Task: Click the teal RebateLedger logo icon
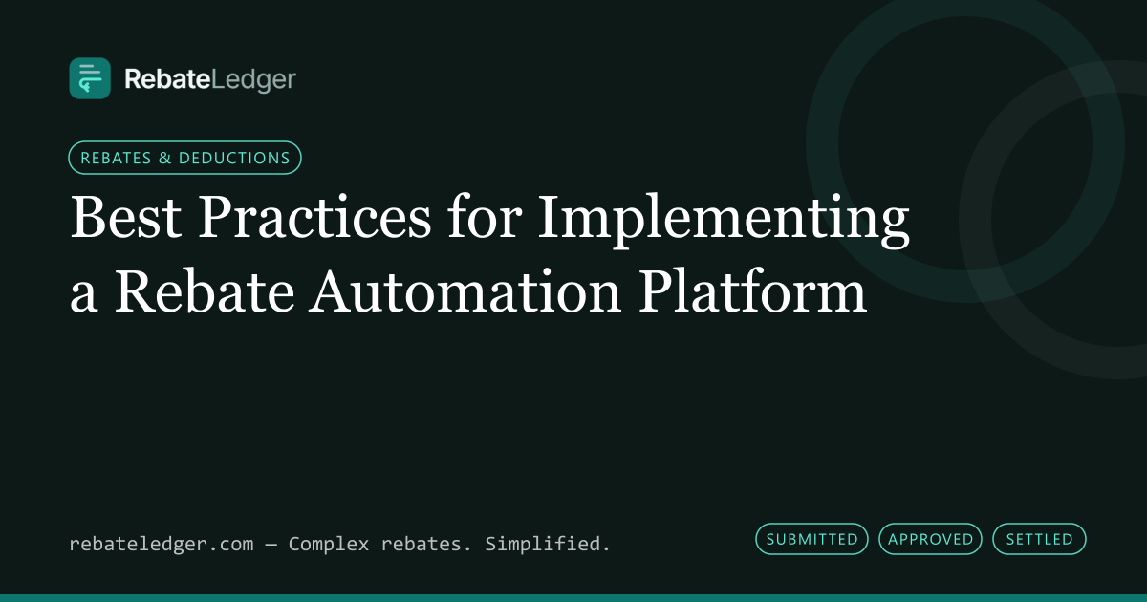[x=90, y=78]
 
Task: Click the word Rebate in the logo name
[x=167, y=79]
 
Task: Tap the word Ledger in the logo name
[x=253, y=81]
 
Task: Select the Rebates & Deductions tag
[x=184, y=158]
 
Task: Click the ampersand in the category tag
[x=164, y=158]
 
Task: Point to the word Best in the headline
[x=126, y=217]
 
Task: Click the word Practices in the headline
[x=314, y=217]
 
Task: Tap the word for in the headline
[x=485, y=216]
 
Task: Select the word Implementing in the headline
[x=724, y=221]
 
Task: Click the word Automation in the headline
[x=465, y=291]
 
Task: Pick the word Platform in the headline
[x=752, y=290]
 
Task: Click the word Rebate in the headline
[x=205, y=290]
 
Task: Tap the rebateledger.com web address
[x=162, y=544]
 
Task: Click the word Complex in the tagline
[x=329, y=544]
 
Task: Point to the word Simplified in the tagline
[x=548, y=544]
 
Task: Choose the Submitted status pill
[x=812, y=539]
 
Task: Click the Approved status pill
[x=930, y=539]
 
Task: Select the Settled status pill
[x=1040, y=539]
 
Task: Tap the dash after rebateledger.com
[x=271, y=545]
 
